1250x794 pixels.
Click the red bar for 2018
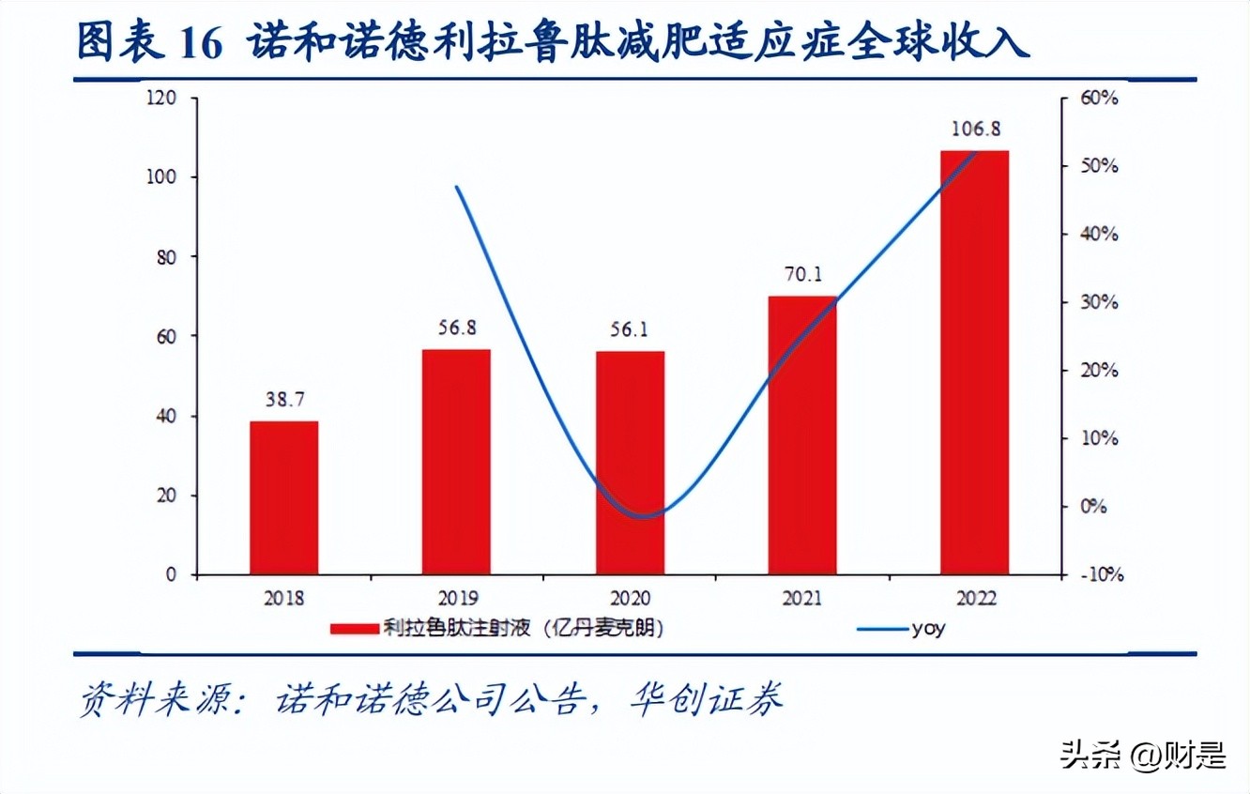(x=283, y=497)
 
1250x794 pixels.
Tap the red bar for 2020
(x=630, y=463)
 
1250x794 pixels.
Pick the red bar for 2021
(x=802, y=435)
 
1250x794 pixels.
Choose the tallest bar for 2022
(x=974, y=362)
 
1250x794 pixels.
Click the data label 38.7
(x=283, y=401)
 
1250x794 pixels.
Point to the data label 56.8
(x=456, y=328)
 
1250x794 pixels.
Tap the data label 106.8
(x=974, y=130)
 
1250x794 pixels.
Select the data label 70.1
(x=802, y=275)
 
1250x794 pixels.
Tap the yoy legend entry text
(x=928, y=629)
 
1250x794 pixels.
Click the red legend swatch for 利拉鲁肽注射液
(x=354, y=630)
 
